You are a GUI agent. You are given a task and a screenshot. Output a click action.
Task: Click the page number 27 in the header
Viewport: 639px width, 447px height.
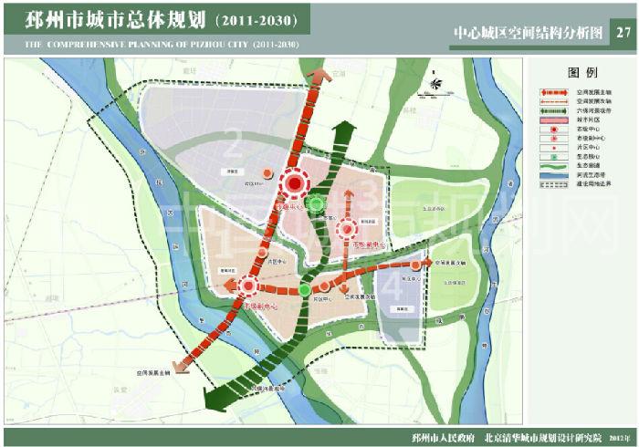(x=623, y=33)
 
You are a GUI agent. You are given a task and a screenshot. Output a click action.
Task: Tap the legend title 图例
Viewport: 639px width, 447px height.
(x=581, y=72)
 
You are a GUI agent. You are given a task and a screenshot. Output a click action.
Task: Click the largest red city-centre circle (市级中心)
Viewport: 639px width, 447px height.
(x=295, y=185)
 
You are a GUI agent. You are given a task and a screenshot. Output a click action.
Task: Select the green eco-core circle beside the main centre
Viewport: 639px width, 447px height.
(x=316, y=203)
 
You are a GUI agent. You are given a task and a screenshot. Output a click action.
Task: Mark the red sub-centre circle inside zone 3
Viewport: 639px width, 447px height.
(x=348, y=229)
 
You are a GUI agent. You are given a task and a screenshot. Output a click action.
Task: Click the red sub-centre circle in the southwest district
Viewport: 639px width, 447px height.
(x=247, y=287)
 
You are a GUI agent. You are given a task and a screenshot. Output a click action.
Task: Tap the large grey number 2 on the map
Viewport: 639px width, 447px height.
(x=236, y=144)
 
